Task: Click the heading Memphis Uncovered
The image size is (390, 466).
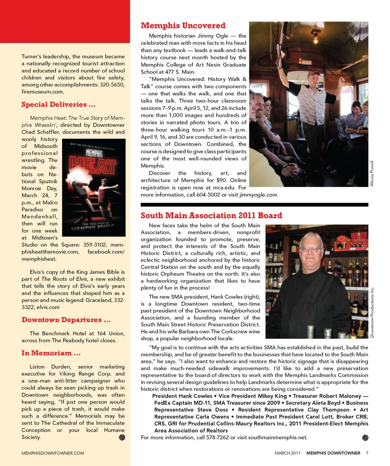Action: coord(183,26)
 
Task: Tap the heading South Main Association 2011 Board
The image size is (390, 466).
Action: coord(211,215)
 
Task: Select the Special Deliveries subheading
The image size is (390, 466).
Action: coord(58,105)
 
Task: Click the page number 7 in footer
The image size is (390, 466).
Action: coord(367,453)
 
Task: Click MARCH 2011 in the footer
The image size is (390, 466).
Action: coord(288,453)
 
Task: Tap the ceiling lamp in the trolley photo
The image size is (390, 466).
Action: coord(315,35)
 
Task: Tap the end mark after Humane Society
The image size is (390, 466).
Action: coord(121,437)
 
